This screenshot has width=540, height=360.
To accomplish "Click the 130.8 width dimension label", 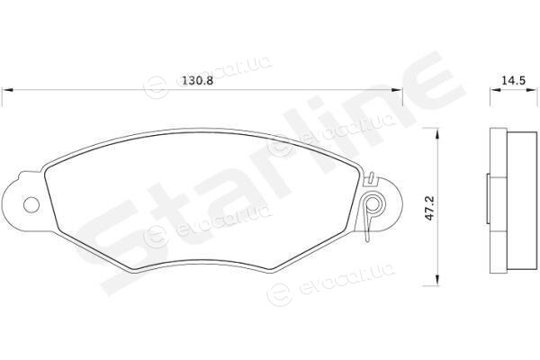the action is coord(198,81).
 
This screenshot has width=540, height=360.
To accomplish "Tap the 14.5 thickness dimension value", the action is coord(513,81).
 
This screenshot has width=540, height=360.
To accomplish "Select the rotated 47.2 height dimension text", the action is coord(430,208).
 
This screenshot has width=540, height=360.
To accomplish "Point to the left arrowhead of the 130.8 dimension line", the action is coord(7,90).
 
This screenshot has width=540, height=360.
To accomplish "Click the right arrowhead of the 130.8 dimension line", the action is coord(397,90).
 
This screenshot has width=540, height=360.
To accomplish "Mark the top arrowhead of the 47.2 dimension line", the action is coord(437,133).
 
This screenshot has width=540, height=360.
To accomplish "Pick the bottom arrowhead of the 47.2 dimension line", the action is coord(437,281).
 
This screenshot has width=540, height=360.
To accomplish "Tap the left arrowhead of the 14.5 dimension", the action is coord(495,90).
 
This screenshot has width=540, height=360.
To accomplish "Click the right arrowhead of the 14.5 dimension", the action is coord(532,90).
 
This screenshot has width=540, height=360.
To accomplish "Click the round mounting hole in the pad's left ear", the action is coord(31,204).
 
